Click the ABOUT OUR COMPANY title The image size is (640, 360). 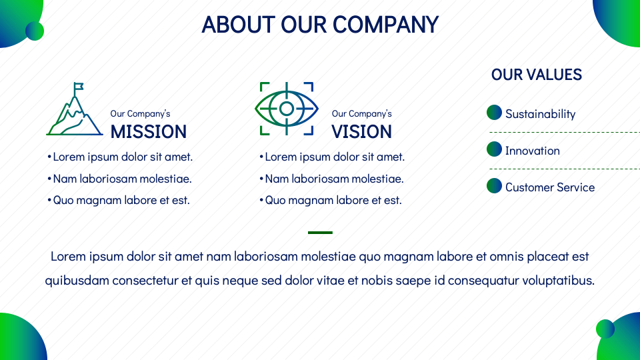(320, 25)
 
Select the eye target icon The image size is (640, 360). (287, 109)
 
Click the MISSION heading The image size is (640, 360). (149, 132)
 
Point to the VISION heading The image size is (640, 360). (361, 132)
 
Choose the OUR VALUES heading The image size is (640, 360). (536, 75)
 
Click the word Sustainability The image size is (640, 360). (541, 114)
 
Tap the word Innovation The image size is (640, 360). (532, 151)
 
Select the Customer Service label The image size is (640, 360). (550, 187)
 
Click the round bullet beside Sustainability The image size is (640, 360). (494, 112)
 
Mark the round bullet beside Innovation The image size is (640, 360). (494, 149)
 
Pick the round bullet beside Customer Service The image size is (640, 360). (494, 186)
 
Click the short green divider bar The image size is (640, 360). (320, 233)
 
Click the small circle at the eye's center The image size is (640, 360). (287, 109)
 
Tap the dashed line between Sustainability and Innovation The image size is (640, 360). (565, 132)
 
